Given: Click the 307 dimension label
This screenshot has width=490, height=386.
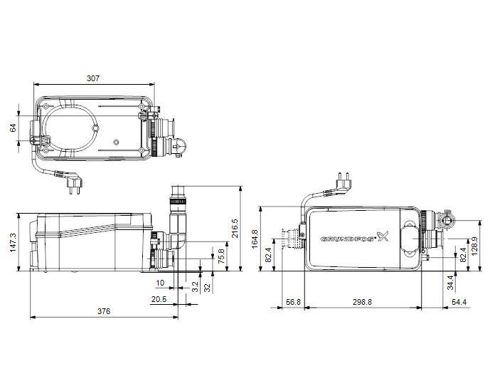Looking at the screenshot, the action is point(93,78).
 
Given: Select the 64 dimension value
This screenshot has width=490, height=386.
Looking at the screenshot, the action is point(13,127).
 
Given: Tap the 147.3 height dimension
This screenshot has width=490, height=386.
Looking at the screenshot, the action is point(13,242).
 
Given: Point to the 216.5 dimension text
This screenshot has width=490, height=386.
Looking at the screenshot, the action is point(235,228).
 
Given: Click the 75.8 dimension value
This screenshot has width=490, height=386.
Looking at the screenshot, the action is point(221,256).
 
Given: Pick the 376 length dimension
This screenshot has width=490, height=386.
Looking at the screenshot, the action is point(104,311).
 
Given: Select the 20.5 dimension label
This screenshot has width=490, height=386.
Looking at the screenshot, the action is point(159,299).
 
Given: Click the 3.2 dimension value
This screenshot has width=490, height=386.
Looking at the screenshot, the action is point(195,287).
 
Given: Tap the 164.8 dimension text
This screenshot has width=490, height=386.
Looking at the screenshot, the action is point(255,239).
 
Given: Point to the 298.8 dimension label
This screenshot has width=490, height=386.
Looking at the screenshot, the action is point(362,302).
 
